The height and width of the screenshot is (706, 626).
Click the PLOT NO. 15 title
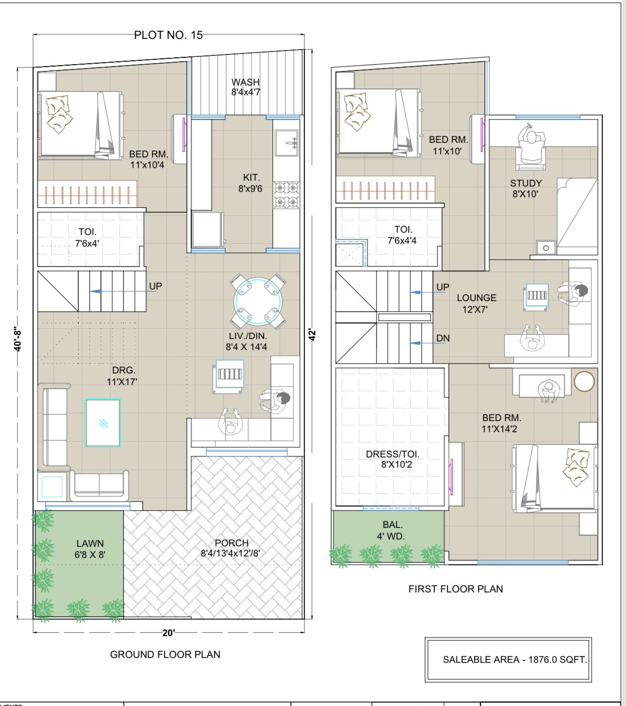pos(168,35)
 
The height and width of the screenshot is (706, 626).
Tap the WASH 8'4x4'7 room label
pos(246,87)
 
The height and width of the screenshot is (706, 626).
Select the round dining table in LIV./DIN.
pos(258,301)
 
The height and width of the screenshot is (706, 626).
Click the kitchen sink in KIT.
pos(286,143)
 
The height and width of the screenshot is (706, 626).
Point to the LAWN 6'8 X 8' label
pos(90,549)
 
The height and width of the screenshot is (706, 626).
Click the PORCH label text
pos(231,543)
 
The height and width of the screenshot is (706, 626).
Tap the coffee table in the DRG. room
pos(103,423)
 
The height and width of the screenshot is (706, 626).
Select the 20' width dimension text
pos(168,633)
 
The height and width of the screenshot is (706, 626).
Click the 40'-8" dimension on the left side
pos(18,339)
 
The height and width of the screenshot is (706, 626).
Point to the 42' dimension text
pos(312,335)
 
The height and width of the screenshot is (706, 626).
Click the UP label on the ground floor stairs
pos(155,286)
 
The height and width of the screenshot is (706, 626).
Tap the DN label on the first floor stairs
pos(443,338)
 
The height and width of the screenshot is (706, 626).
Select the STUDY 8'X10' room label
pos(526,188)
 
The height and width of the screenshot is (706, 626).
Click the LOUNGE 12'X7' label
pos(476,303)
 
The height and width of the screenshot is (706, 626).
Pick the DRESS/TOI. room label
pos(393,454)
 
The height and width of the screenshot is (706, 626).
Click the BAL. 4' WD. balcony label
pos(391,530)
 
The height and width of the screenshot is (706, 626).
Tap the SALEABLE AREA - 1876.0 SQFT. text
pos(515,659)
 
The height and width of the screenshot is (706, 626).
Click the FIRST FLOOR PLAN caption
pos(456,589)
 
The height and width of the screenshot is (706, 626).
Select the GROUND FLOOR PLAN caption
pos(165,655)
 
